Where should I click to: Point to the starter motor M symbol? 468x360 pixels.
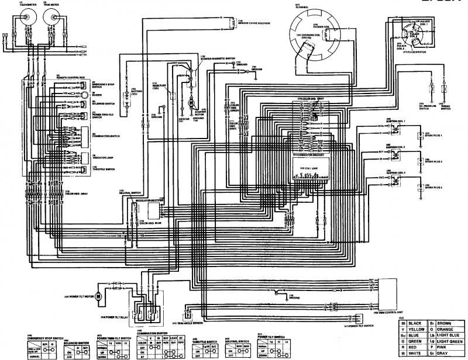click(190, 103)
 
